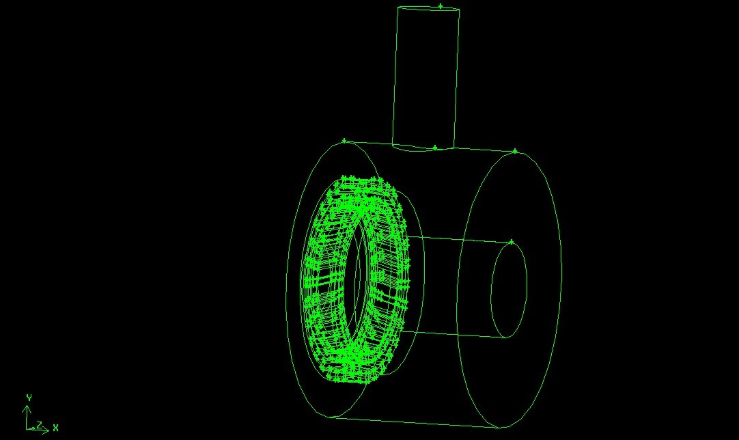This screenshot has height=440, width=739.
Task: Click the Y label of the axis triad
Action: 29,398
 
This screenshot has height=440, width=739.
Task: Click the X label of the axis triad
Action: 55,428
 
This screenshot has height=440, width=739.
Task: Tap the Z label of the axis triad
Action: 40,425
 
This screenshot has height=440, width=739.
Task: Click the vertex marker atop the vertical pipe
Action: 441,6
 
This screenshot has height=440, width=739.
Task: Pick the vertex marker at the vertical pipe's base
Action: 435,148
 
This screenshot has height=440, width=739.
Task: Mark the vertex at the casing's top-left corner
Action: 344,141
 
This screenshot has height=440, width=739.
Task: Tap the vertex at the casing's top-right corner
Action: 515,151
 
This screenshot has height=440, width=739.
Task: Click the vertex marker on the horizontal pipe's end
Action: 512,242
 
